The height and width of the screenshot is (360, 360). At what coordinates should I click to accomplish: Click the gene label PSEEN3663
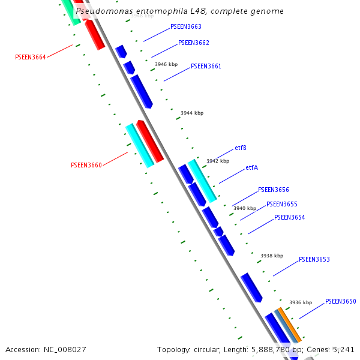(186, 27)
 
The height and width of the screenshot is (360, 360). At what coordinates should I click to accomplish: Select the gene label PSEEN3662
(194, 43)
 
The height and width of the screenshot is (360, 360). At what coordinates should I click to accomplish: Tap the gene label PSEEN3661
(206, 67)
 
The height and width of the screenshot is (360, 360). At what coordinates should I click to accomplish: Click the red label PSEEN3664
(31, 58)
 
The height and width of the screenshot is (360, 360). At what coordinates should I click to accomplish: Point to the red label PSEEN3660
(86, 165)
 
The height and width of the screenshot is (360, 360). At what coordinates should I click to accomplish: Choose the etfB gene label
(241, 148)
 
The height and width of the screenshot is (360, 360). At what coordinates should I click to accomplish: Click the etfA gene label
(252, 168)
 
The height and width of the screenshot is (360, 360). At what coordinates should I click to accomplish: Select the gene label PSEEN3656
(274, 190)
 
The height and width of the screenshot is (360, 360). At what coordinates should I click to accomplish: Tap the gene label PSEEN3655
(282, 205)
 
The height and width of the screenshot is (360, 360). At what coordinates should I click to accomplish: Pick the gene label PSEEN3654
(290, 217)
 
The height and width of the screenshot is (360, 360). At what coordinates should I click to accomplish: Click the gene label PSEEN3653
(314, 260)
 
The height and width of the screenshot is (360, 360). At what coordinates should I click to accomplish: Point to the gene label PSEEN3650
(341, 302)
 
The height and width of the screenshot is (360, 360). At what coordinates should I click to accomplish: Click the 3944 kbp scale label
(192, 113)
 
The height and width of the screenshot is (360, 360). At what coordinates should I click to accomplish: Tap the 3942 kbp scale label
(218, 161)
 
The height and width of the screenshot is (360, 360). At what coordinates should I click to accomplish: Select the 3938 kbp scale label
(272, 256)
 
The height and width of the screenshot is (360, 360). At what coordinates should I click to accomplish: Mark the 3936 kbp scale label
(301, 302)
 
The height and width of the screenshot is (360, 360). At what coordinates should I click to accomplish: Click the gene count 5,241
(343, 349)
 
